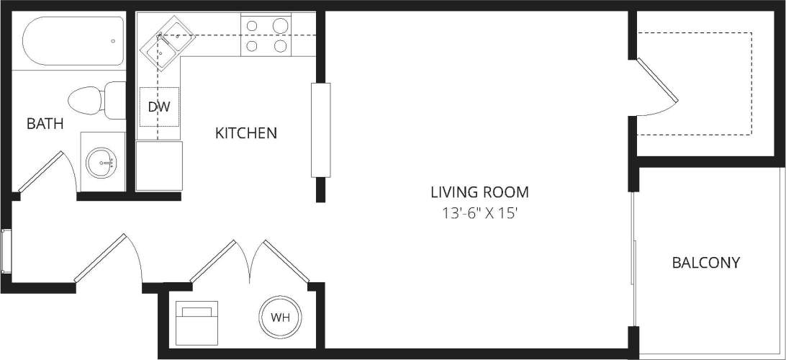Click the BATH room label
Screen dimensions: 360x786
(x=45, y=124)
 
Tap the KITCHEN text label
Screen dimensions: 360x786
(x=246, y=133)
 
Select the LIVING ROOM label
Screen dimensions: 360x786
(x=479, y=192)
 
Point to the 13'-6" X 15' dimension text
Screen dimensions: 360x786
(x=479, y=214)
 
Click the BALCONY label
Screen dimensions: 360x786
(x=705, y=263)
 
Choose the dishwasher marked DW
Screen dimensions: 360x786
(x=158, y=107)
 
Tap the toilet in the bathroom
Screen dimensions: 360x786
(x=97, y=99)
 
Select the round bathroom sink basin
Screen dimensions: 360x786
(x=101, y=163)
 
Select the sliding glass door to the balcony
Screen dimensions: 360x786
(x=633, y=263)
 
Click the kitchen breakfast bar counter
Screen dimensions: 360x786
(x=320, y=130)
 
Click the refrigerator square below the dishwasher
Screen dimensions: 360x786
(x=159, y=166)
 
